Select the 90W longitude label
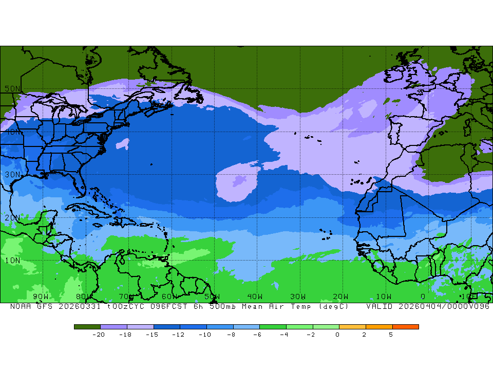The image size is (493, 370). [x=41, y=297]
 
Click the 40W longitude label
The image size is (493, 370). [x=255, y=297]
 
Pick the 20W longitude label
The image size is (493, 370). [x=340, y=297]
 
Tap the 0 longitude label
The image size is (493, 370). [x=423, y=297]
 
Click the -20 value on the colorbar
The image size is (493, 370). [x=99, y=335]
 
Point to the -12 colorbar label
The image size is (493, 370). [x=178, y=335]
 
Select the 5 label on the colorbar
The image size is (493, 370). [x=391, y=335]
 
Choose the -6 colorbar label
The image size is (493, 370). [x=257, y=335]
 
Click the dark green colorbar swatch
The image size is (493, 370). [x=87, y=326]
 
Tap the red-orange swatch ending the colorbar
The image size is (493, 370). [x=406, y=326]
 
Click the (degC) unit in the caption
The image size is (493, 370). [x=334, y=306]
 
